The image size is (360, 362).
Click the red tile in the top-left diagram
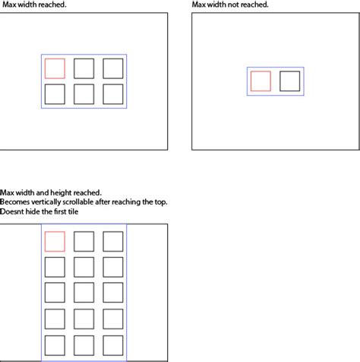coord(55,68)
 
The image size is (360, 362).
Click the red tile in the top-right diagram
coord(261,81)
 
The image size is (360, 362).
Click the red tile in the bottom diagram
coord(55,241)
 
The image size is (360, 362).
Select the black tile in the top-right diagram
coord(289,81)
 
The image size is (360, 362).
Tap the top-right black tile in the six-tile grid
coord(112,68)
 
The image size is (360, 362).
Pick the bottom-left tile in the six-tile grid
coord(55,94)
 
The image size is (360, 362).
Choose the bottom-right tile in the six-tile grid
coord(112,94)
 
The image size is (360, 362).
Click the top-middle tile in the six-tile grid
coord(84,68)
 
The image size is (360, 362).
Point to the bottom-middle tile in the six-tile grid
coord(84,94)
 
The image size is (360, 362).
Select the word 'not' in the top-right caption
coord(235,5)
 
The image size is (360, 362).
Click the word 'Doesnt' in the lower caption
coord(12,211)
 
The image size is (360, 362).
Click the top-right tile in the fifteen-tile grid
coord(112,241)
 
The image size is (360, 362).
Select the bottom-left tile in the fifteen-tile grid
coord(55,345)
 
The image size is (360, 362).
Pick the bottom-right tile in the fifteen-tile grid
coord(112,345)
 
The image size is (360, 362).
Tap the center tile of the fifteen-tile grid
coord(84,293)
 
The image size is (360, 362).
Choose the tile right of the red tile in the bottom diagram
coord(84,241)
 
